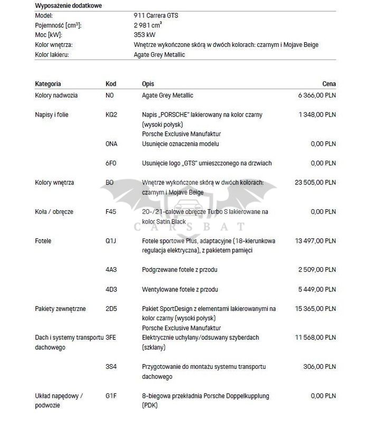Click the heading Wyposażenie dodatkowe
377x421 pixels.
(69, 6)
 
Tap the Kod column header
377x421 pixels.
(111, 84)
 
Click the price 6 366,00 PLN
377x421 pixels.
(317, 95)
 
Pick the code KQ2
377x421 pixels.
(111, 114)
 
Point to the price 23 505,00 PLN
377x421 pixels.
(315, 182)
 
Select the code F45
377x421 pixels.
(111, 212)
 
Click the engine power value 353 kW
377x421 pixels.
(145, 35)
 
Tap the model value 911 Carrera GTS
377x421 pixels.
(156, 16)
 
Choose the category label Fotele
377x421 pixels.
(43, 241)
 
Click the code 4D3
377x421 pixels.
(111, 289)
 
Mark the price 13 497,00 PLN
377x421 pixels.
(315, 241)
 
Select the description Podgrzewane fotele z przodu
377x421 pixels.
(180, 270)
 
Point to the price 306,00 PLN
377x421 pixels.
(321, 366)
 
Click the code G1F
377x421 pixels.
(111, 396)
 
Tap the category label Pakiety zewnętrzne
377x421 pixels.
(60, 309)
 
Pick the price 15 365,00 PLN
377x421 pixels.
(315, 309)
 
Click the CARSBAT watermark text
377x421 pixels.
(188, 227)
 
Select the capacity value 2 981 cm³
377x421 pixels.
(148, 25)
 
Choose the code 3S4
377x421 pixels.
(111, 366)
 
